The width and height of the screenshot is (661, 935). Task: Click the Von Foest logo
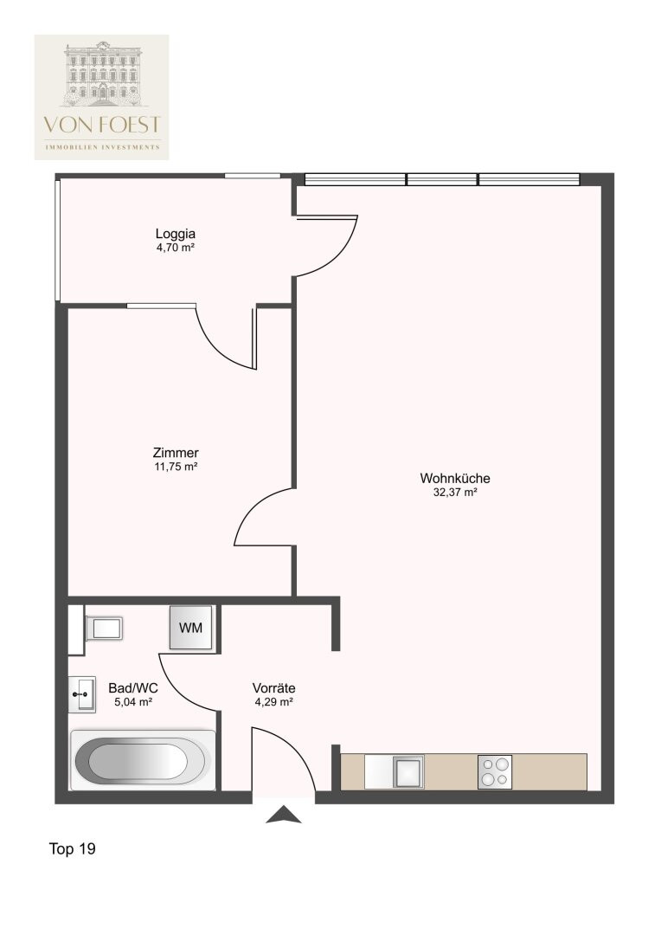click(x=101, y=97)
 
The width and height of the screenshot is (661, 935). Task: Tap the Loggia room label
click(x=176, y=234)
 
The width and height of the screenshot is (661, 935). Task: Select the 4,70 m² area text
click(x=176, y=248)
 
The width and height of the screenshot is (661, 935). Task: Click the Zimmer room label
click(x=176, y=453)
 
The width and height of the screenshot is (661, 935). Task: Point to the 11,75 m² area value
click(x=176, y=467)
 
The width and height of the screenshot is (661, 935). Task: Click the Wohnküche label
click(x=455, y=478)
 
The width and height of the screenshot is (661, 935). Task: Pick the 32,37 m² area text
click(x=455, y=493)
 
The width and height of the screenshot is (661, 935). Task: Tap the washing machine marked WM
click(x=190, y=628)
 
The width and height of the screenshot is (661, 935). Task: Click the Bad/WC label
click(x=133, y=688)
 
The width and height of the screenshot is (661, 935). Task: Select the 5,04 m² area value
click(x=133, y=702)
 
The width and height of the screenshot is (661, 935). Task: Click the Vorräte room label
click(x=273, y=688)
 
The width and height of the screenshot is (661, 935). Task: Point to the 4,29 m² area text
click(x=273, y=702)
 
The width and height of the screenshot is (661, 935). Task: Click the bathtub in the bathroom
click(x=143, y=761)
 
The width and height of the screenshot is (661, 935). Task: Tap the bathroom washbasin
click(x=81, y=694)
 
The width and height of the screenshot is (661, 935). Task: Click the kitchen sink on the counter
click(x=408, y=771)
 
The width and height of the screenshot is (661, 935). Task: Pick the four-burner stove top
click(x=495, y=771)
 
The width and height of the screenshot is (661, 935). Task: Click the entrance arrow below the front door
click(x=284, y=815)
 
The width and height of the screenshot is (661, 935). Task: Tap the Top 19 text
click(x=72, y=848)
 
